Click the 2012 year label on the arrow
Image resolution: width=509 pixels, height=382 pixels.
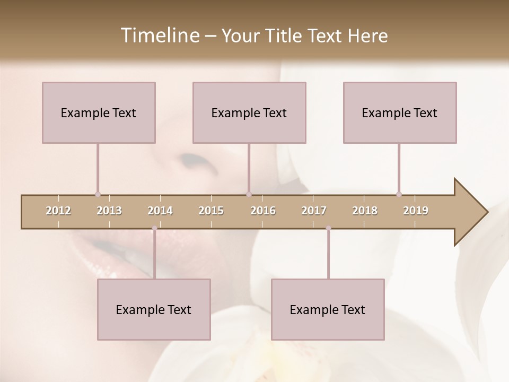pyautogui.click(x=58, y=211)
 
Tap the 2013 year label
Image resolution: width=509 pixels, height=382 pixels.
pyautogui.click(x=109, y=211)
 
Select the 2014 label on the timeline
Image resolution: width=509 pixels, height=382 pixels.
pyautogui.click(x=160, y=211)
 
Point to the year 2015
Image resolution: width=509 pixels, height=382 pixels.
pyautogui.click(x=211, y=211)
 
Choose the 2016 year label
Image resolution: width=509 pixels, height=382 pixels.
pyautogui.click(x=263, y=211)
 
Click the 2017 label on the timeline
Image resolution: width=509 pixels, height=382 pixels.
pyautogui.click(x=314, y=211)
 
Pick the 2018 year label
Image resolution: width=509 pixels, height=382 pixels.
pyautogui.click(x=365, y=211)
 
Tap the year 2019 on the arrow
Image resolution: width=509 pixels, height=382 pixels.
pyautogui.click(x=416, y=211)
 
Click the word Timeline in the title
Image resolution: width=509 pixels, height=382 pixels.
pyautogui.click(x=160, y=36)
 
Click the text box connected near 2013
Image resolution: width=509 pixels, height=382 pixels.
pyautogui.click(x=99, y=112)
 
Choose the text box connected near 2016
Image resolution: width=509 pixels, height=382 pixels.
pyautogui.click(x=249, y=112)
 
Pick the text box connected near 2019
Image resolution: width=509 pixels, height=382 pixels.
pyautogui.click(x=400, y=112)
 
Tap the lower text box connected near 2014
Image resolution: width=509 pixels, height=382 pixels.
pyautogui.click(x=154, y=309)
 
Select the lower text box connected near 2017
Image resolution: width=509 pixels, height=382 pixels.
pyautogui.click(x=328, y=309)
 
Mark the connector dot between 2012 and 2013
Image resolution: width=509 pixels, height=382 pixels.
pyautogui.click(x=98, y=195)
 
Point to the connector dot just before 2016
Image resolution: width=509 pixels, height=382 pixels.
pyautogui.click(x=249, y=195)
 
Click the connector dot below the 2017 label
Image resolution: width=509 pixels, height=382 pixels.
pyautogui.click(x=328, y=228)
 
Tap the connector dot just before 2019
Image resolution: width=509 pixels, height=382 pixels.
pyautogui.click(x=399, y=195)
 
